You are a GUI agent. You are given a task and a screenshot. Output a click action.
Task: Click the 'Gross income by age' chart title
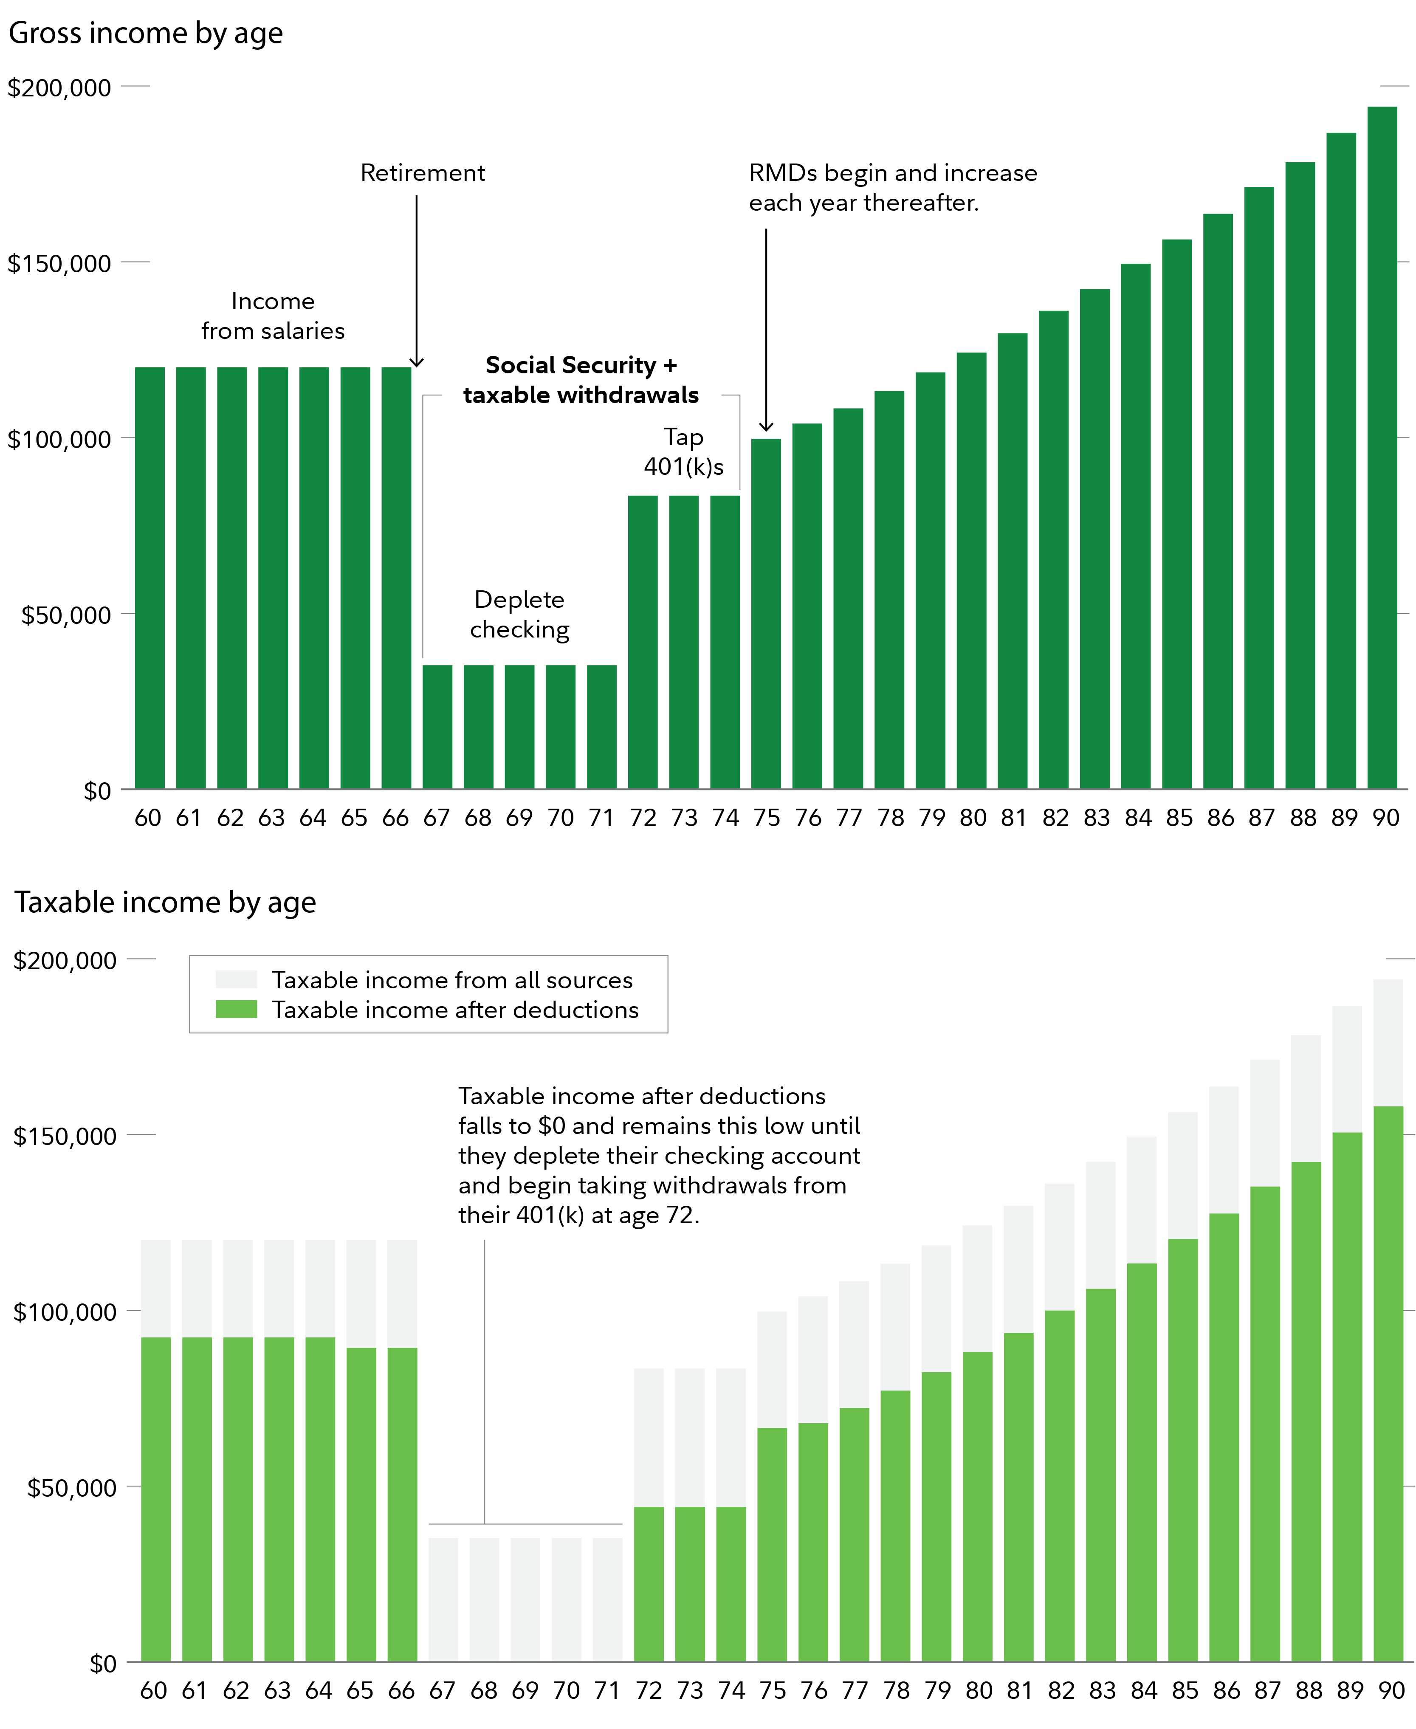(145, 33)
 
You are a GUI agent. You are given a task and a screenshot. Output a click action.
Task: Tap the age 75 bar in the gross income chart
(766, 612)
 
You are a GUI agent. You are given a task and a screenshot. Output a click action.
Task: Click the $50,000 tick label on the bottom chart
(72, 1488)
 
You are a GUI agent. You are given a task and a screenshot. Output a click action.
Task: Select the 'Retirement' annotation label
(423, 173)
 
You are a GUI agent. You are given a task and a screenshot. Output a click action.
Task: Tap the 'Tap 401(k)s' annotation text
(683, 452)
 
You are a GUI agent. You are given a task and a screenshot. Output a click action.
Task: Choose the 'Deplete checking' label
(519, 614)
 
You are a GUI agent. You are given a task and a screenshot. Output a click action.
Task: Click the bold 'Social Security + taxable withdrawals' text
(581, 380)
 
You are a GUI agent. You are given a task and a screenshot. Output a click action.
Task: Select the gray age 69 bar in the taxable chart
(525, 1599)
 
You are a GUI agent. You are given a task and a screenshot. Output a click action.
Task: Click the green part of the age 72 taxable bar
(649, 1582)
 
